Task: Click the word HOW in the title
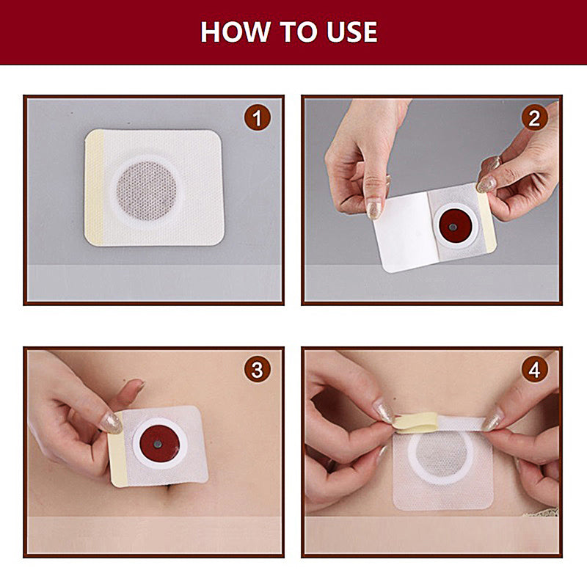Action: pyautogui.click(x=230, y=32)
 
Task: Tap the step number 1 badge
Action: pyautogui.click(x=257, y=117)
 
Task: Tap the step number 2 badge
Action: pyautogui.click(x=534, y=117)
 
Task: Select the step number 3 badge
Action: pyautogui.click(x=257, y=370)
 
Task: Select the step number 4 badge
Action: pyautogui.click(x=534, y=370)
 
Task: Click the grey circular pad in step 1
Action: pyautogui.click(x=147, y=189)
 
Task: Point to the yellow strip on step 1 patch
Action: pyautogui.click(x=93, y=189)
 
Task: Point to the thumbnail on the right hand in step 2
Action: pyautogui.click(x=486, y=183)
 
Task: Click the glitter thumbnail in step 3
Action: pyautogui.click(x=111, y=423)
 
